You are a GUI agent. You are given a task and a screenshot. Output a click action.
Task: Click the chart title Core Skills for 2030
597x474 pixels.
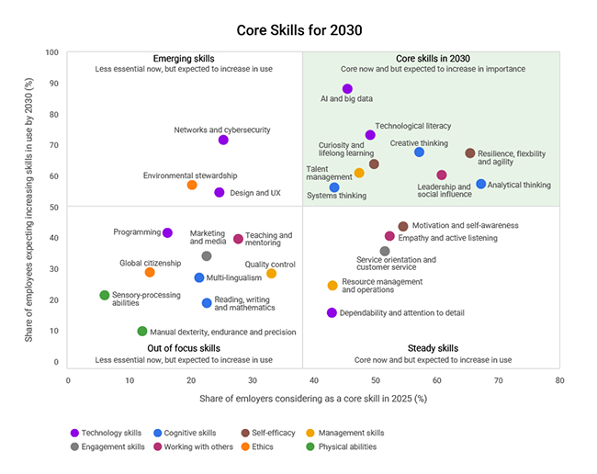click(x=298, y=30)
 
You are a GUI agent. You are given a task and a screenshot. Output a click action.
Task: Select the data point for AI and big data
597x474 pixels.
click(x=347, y=89)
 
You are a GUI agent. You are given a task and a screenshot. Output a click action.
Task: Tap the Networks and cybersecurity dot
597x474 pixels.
click(x=223, y=140)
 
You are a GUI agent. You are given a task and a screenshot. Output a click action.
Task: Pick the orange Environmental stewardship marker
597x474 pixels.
click(x=192, y=185)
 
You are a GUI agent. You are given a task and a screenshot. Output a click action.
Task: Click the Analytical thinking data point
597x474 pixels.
click(x=480, y=184)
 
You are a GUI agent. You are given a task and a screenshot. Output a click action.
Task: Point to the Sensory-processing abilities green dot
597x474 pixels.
click(x=105, y=295)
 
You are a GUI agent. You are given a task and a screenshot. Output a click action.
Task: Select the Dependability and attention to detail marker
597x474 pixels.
click(x=332, y=312)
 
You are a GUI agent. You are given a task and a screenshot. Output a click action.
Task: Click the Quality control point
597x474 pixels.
click(x=271, y=273)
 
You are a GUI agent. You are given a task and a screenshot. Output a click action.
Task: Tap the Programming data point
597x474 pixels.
click(x=167, y=232)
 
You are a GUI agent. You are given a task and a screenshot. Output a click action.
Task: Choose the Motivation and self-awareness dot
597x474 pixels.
click(x=402, y=226)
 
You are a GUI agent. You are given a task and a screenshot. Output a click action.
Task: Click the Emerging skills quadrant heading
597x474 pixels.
click(x=184, y=57)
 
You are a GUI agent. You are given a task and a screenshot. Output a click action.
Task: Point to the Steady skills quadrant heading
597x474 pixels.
click(x=433, y=348)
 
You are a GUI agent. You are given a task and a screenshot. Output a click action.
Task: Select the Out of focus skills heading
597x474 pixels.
click(x=184, y=348)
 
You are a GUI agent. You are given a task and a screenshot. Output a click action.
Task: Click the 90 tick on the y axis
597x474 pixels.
click(x=54, y=84)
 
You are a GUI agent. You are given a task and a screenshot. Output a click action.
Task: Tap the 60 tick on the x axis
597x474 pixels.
click(x=436, y=378)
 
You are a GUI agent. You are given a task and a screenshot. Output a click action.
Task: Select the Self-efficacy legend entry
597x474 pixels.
click(x=266, y=433)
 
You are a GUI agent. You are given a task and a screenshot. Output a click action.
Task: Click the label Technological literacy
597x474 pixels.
click(x=413, y=126)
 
